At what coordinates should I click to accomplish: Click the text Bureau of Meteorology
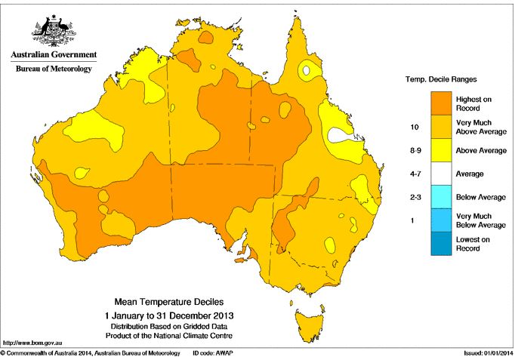[53, 69]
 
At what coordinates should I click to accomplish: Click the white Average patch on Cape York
[307, 72]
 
